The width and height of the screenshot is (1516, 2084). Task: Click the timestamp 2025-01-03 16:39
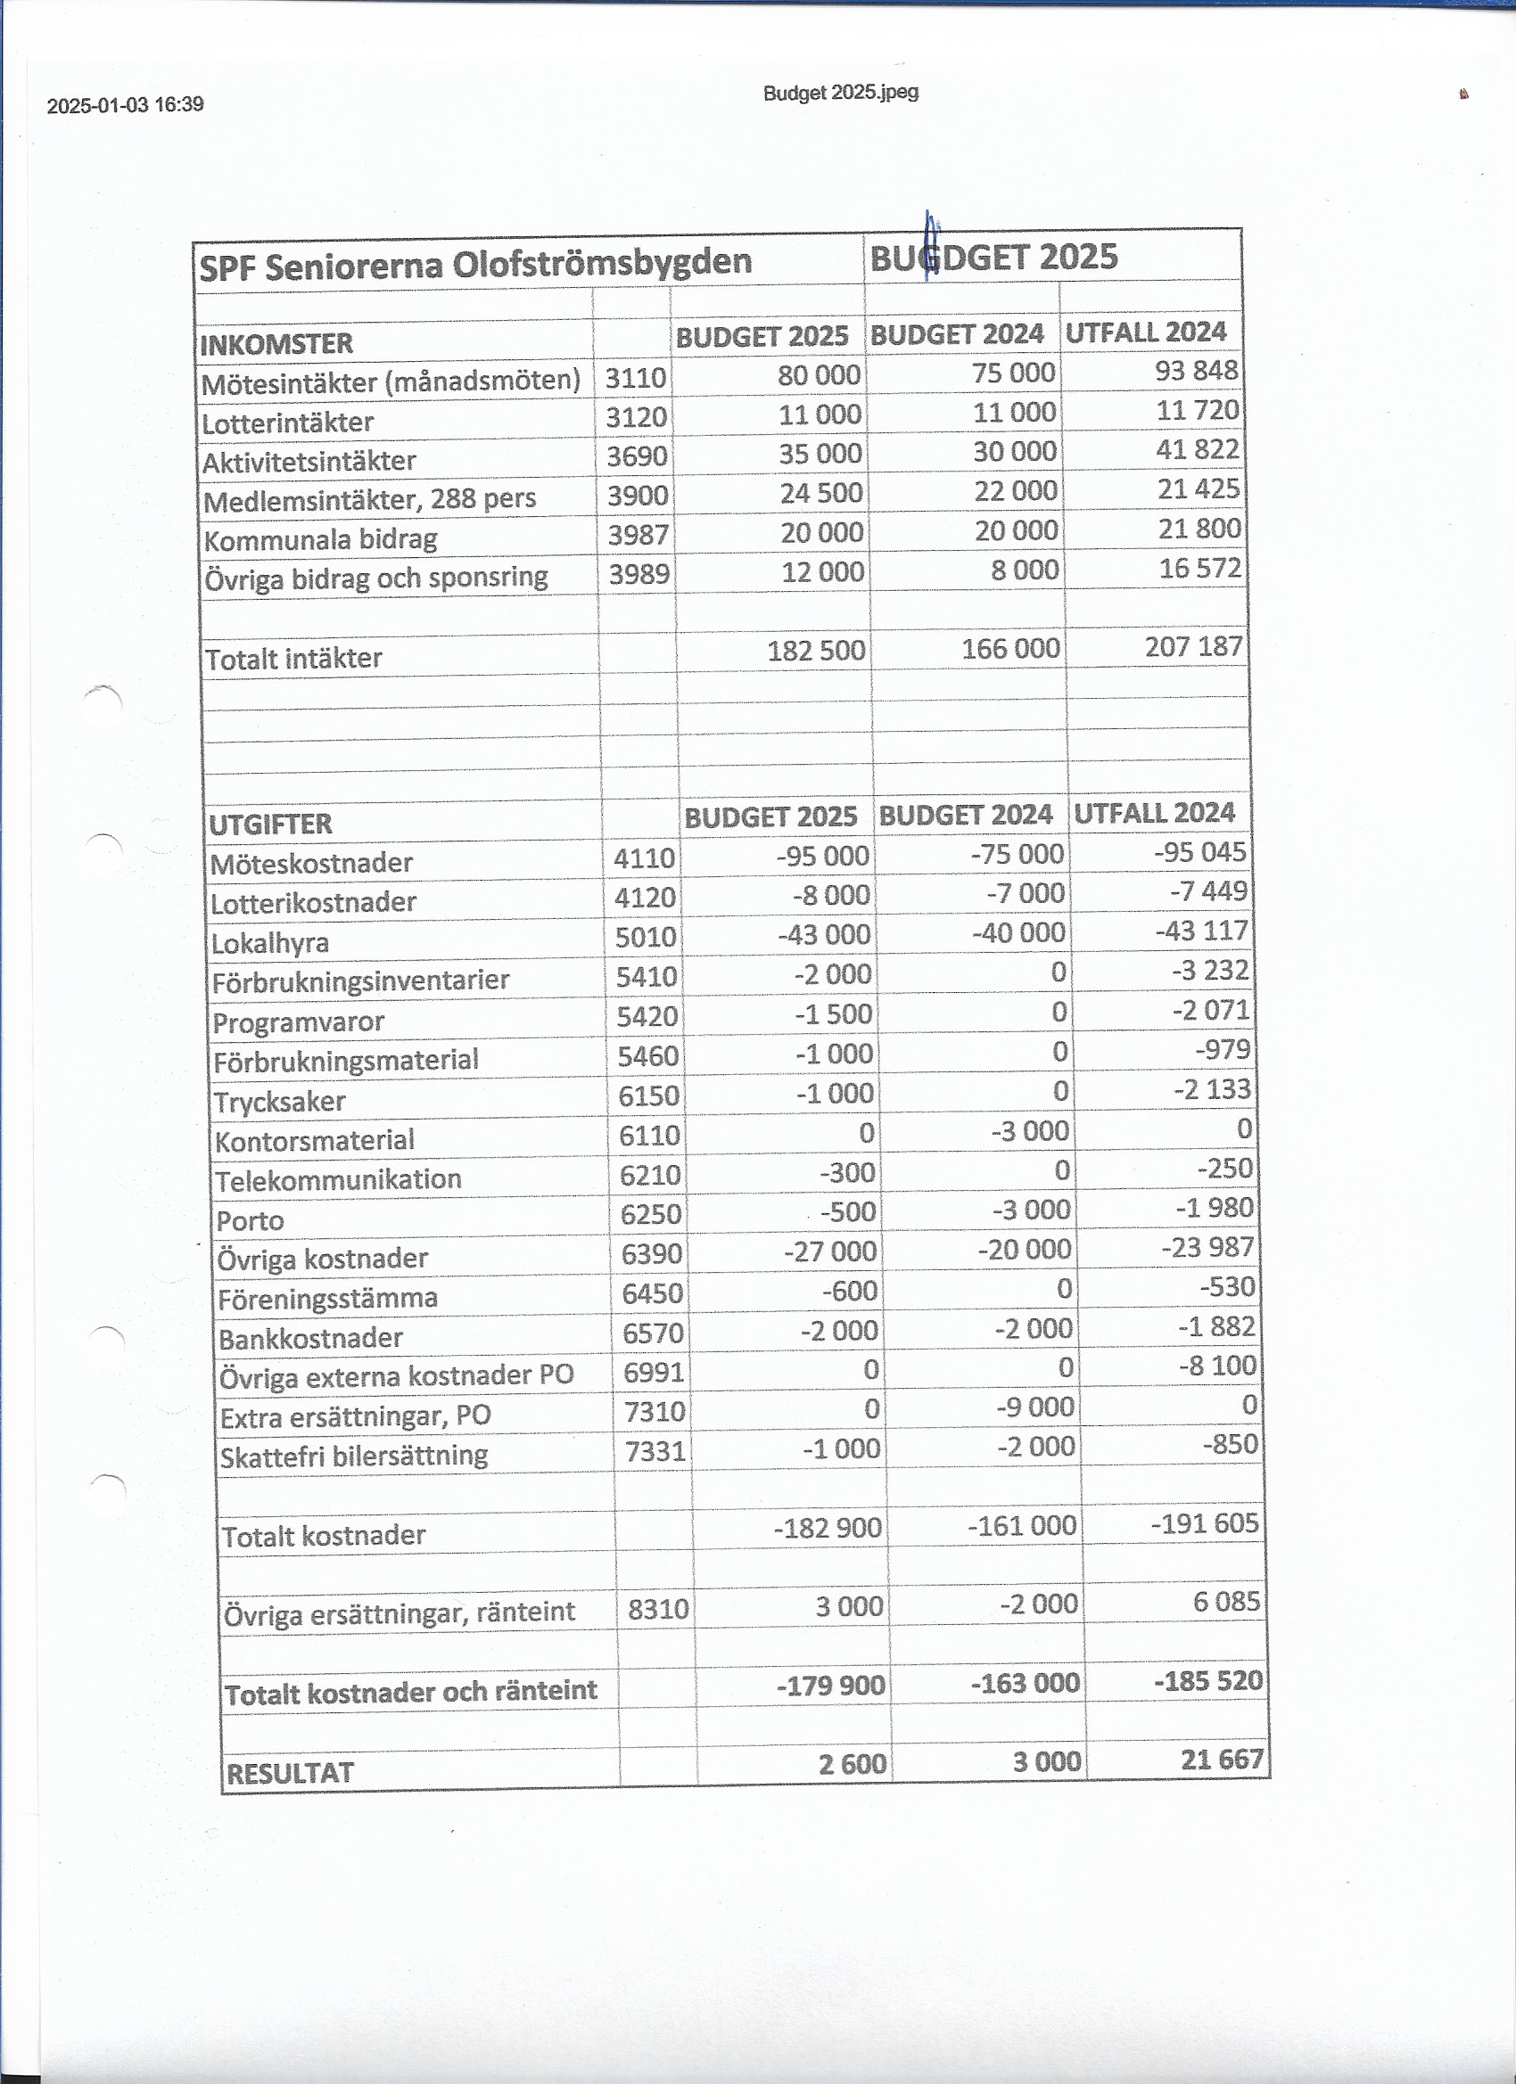pos(125,105)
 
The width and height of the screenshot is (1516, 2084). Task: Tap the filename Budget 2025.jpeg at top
pos(840,93)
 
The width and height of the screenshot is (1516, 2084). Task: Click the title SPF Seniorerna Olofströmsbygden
pos(475,265)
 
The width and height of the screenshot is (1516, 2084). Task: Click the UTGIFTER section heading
pos(270,825)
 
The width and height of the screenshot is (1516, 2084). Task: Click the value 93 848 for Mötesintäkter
pos(1196,370)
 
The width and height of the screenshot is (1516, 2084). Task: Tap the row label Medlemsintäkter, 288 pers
pos(369,500)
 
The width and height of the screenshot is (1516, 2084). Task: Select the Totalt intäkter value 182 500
pos(815,651)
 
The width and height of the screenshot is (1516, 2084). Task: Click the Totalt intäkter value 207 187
pos(1193,647)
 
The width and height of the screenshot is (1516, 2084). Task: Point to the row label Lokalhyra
pos(270,943)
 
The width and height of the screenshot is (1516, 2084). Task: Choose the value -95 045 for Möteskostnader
pos(1199,852)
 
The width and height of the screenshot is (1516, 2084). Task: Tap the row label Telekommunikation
pos(338,1180)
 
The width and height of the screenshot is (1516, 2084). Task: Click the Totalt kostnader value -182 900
pos(828,1528)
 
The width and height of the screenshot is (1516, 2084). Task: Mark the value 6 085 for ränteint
pos(1226,1602)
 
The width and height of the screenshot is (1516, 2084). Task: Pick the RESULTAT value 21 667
pos(1222,1760)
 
